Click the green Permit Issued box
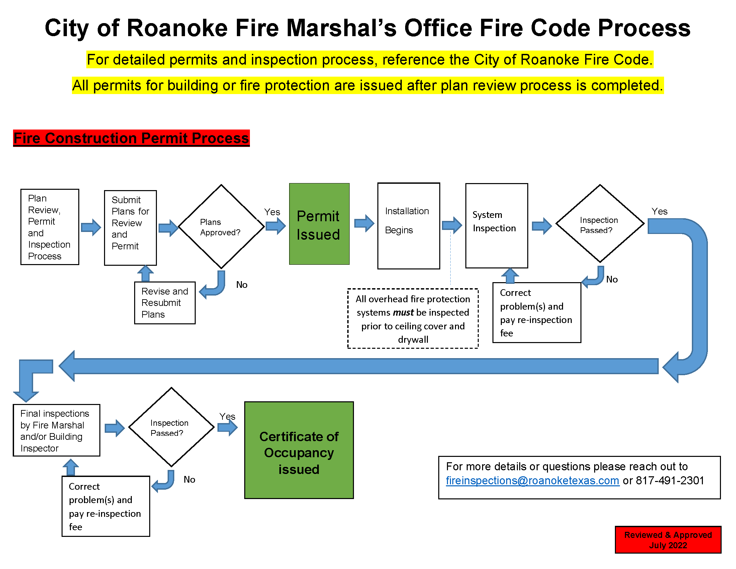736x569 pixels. click(319, 224)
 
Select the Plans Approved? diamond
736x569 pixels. click(221, 227)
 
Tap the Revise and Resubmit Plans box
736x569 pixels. click(165, 303)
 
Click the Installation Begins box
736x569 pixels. click(408, 226)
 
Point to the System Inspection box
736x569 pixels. click(496, 226)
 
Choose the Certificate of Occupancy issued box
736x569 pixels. click(298, 450)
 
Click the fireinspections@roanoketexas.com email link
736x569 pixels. click(532, 480)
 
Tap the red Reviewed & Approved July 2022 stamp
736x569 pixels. click(668, 540)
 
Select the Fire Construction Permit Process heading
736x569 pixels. click(131, 138)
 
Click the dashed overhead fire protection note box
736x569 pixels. click(412, 319)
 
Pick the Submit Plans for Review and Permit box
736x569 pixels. click(130, 228)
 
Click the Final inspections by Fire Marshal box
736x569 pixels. click(56, 430)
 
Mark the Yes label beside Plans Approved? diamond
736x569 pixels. click(272, 212)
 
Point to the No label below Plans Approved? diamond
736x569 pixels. click(242, 285)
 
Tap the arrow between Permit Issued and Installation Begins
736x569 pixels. click(364, 223)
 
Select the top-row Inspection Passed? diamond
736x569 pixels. click(600, 224)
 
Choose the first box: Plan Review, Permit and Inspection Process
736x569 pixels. click(50, 227)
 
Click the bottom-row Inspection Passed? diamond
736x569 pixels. click(171, 427)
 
